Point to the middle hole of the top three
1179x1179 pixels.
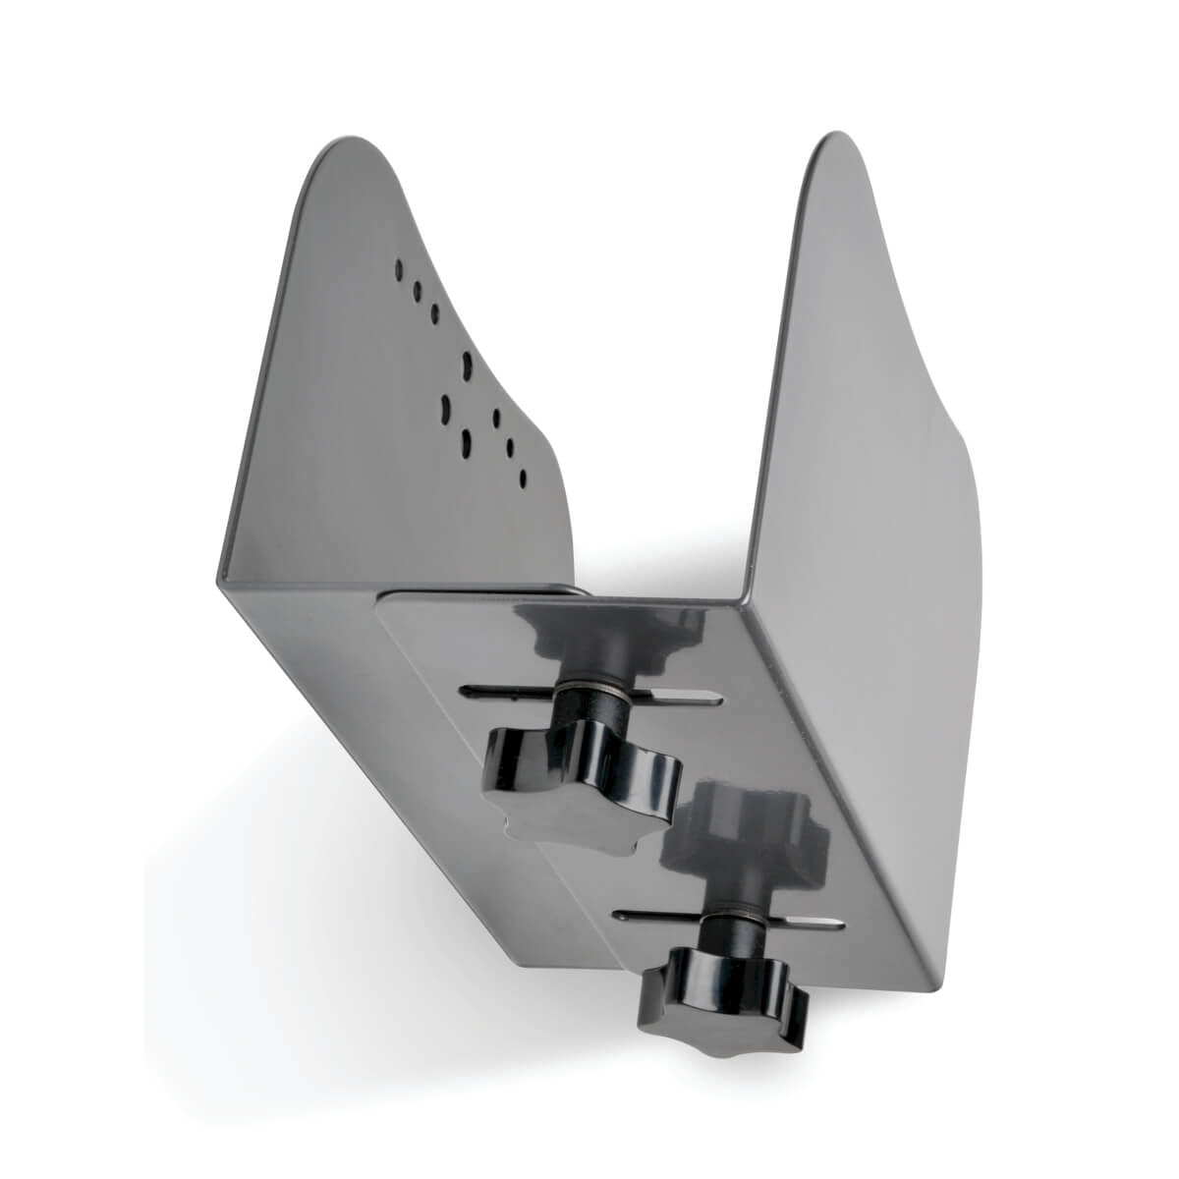pyautogui.click(x=417, y=291)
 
